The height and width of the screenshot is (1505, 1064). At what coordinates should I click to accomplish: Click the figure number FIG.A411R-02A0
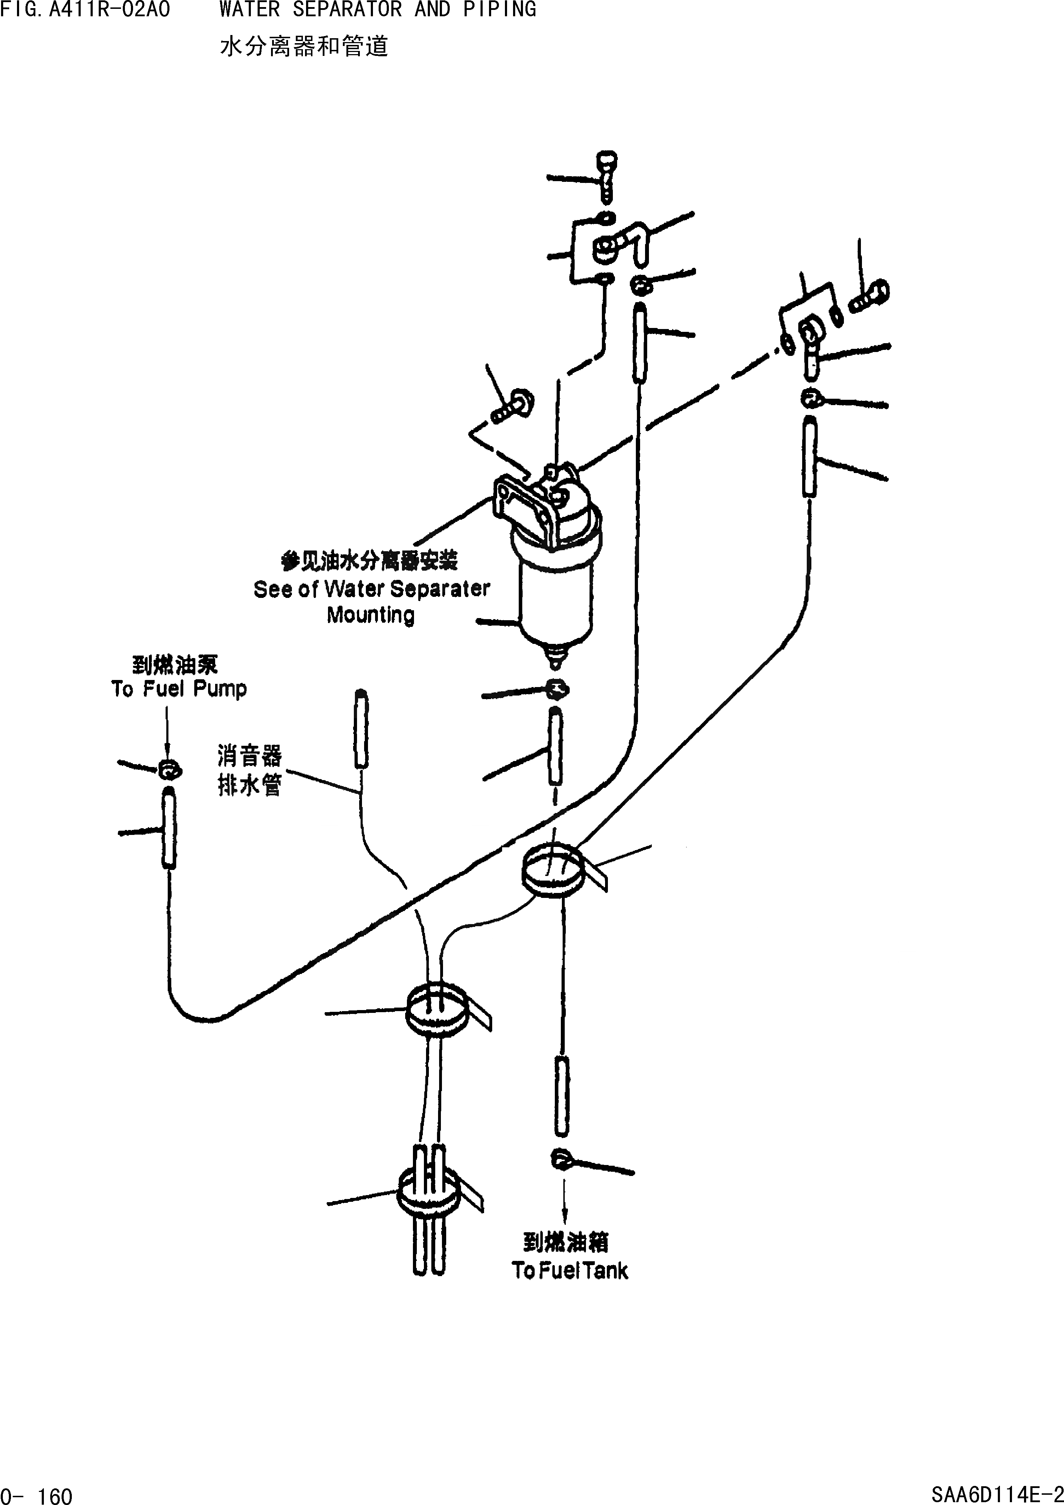[x=85, y=10]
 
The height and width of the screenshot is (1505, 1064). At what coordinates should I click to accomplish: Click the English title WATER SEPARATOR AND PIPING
[x=378, y=10]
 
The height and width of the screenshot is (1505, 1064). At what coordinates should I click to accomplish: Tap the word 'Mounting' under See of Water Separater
[x=370, y=615]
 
